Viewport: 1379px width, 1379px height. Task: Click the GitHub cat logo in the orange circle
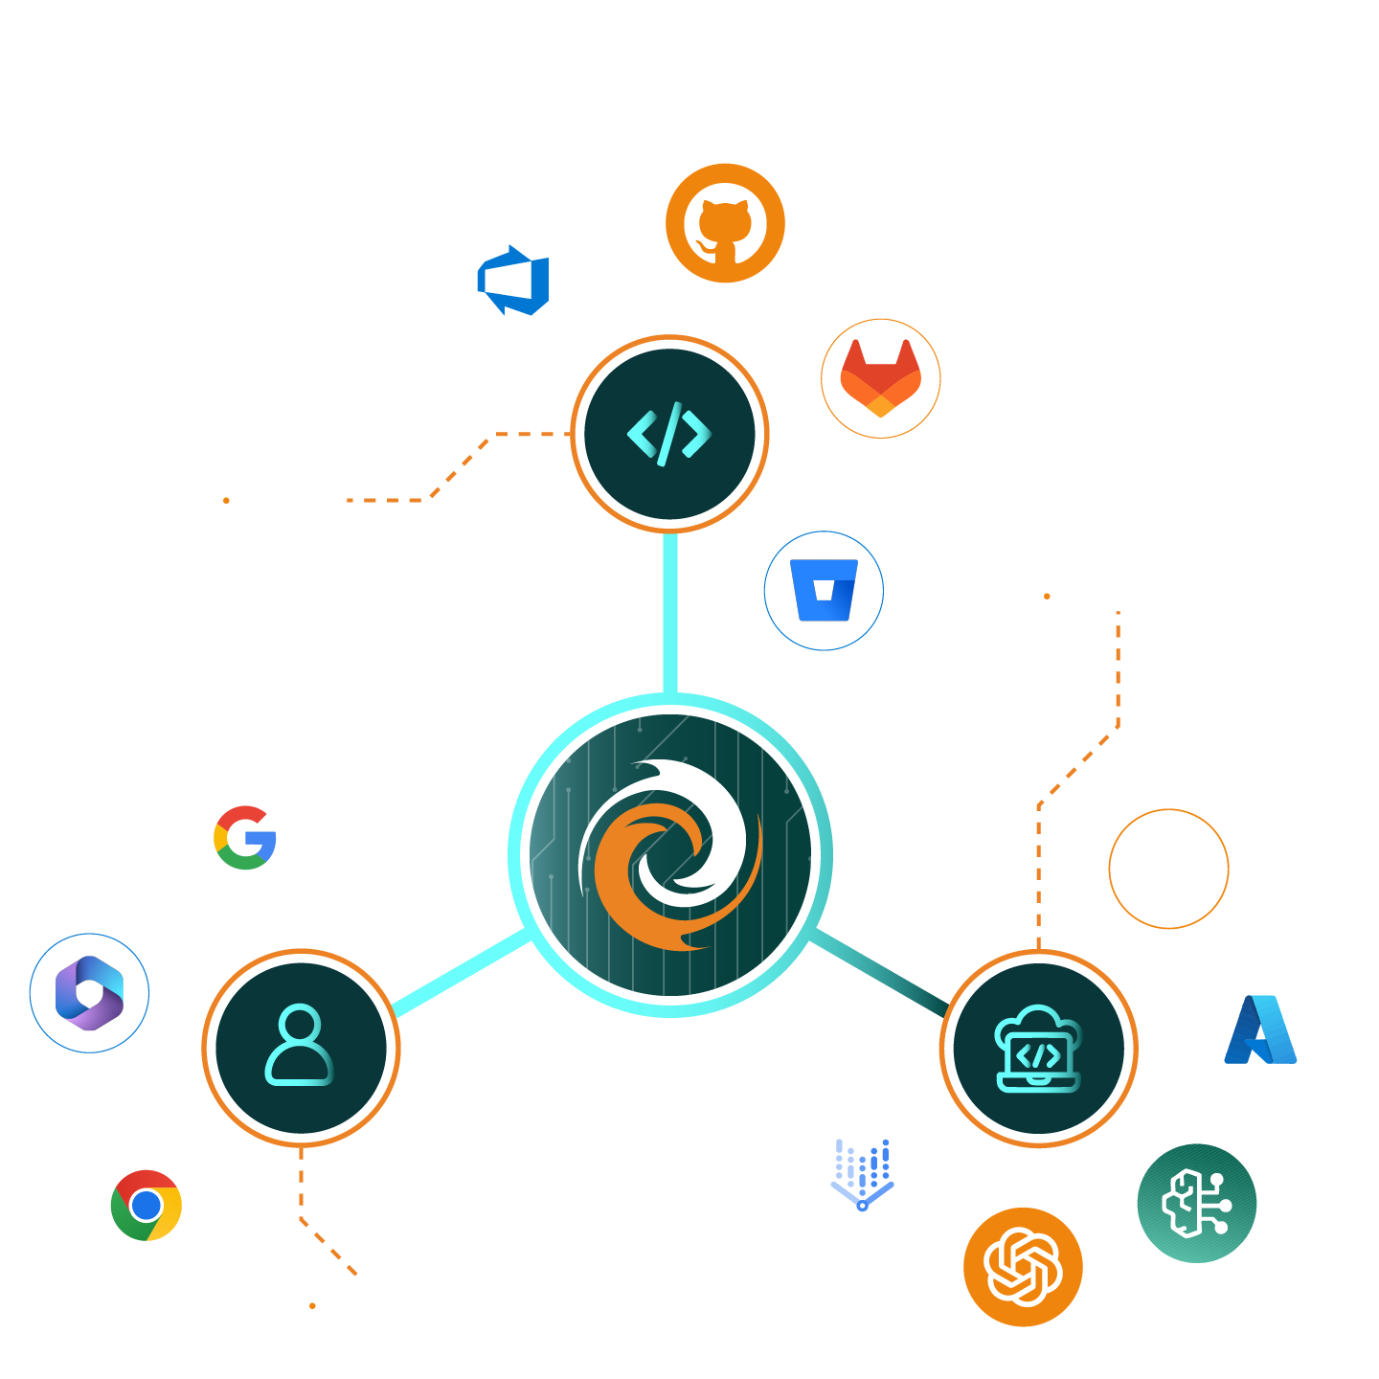tap(725, 223)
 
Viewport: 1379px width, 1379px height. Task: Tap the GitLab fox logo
tap(880, 378)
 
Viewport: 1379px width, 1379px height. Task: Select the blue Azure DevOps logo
tap(514, 281)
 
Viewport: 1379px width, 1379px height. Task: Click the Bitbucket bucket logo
tap(824, 591)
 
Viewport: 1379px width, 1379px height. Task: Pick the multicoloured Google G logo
tap(245, 838)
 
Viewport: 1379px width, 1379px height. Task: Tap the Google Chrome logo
tap(147, 1205)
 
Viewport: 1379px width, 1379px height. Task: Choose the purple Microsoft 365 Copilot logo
tap(89, 993)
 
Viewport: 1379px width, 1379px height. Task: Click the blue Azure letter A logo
tap(1260, 1030)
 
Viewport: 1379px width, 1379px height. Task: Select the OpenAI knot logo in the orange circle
tap(1023, 1267)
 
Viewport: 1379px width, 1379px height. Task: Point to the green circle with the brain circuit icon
tap(1196, 1203)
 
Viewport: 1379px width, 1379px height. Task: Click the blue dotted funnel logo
tap(862, 1174)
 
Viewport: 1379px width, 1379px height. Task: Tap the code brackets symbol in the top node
tap(669, 434)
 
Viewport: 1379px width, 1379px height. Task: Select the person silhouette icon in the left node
tap(300, 1046)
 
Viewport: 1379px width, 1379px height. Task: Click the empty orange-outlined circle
tap(1168, 869)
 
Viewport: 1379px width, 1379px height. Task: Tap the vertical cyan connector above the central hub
tap(670, 613)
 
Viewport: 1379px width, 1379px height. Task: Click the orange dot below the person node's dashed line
tap(312, 1305)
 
